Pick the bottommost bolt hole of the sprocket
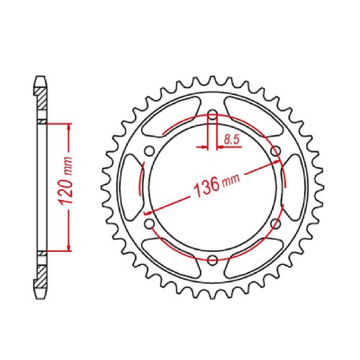[213, 261]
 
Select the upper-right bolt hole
[277, 150]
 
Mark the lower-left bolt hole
[149, 225]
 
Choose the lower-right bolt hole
[277, 225]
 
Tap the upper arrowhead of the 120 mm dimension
[69, 127]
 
